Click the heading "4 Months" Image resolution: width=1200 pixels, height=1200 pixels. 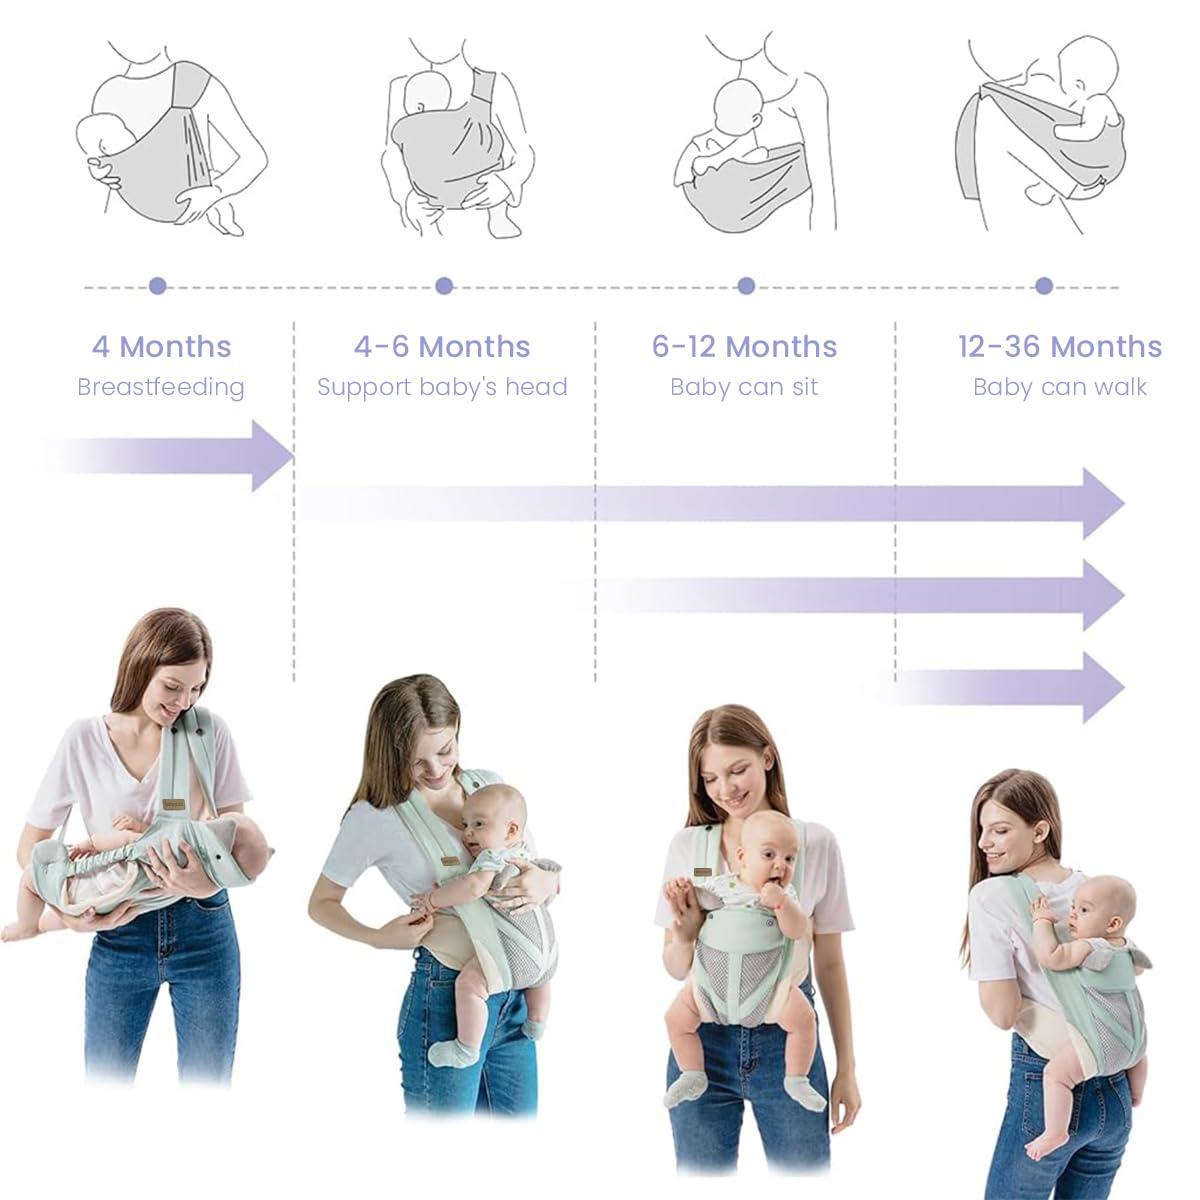tap(162, 347)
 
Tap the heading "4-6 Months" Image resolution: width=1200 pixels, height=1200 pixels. tap(442, 347)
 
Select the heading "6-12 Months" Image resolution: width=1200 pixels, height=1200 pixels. tap(744, 347)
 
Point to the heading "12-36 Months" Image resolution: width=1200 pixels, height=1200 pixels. tap(1060, 347)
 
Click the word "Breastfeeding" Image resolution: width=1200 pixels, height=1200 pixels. tap(161, 387)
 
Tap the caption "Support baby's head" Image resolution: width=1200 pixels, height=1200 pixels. tap(442, 387)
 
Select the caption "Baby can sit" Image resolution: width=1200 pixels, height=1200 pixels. tap(744, 387)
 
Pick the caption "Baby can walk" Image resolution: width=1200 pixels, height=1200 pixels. tap(1060, 387)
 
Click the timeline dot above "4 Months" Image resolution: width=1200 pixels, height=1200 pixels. tap(158, 286)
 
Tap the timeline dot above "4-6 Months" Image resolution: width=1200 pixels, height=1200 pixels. tap(444, 286)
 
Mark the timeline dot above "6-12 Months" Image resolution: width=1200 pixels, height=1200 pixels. tap(746, 286)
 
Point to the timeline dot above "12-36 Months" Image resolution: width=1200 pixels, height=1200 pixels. tap(1044, 286)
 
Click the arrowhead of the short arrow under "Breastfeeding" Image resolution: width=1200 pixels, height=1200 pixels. tap(271, 456)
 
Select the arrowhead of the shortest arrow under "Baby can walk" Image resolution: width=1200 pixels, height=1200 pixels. tap(1102, 687)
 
